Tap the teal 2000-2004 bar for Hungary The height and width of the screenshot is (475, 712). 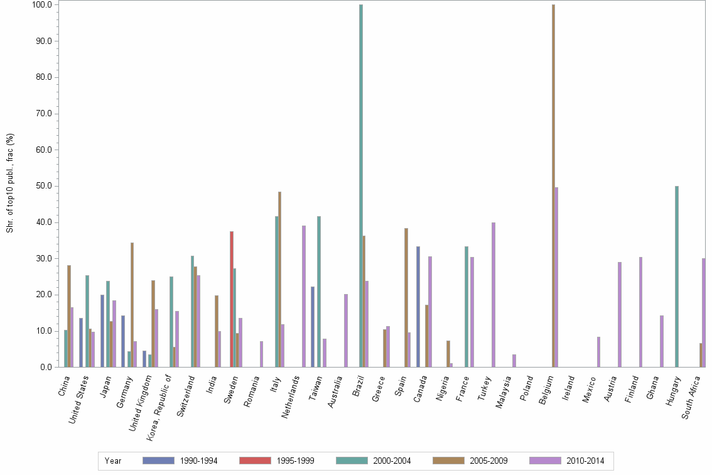tap(676, 276)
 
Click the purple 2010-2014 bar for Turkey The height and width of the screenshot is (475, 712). tap(494, 295)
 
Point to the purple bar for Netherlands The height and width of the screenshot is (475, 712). tap(304, 296)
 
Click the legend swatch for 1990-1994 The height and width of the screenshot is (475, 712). tap(158, 461)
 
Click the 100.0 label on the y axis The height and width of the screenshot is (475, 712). tap(41, 5)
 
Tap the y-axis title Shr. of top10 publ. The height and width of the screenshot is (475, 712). tap(10, 183)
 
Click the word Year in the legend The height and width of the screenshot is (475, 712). tap(113, 461)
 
